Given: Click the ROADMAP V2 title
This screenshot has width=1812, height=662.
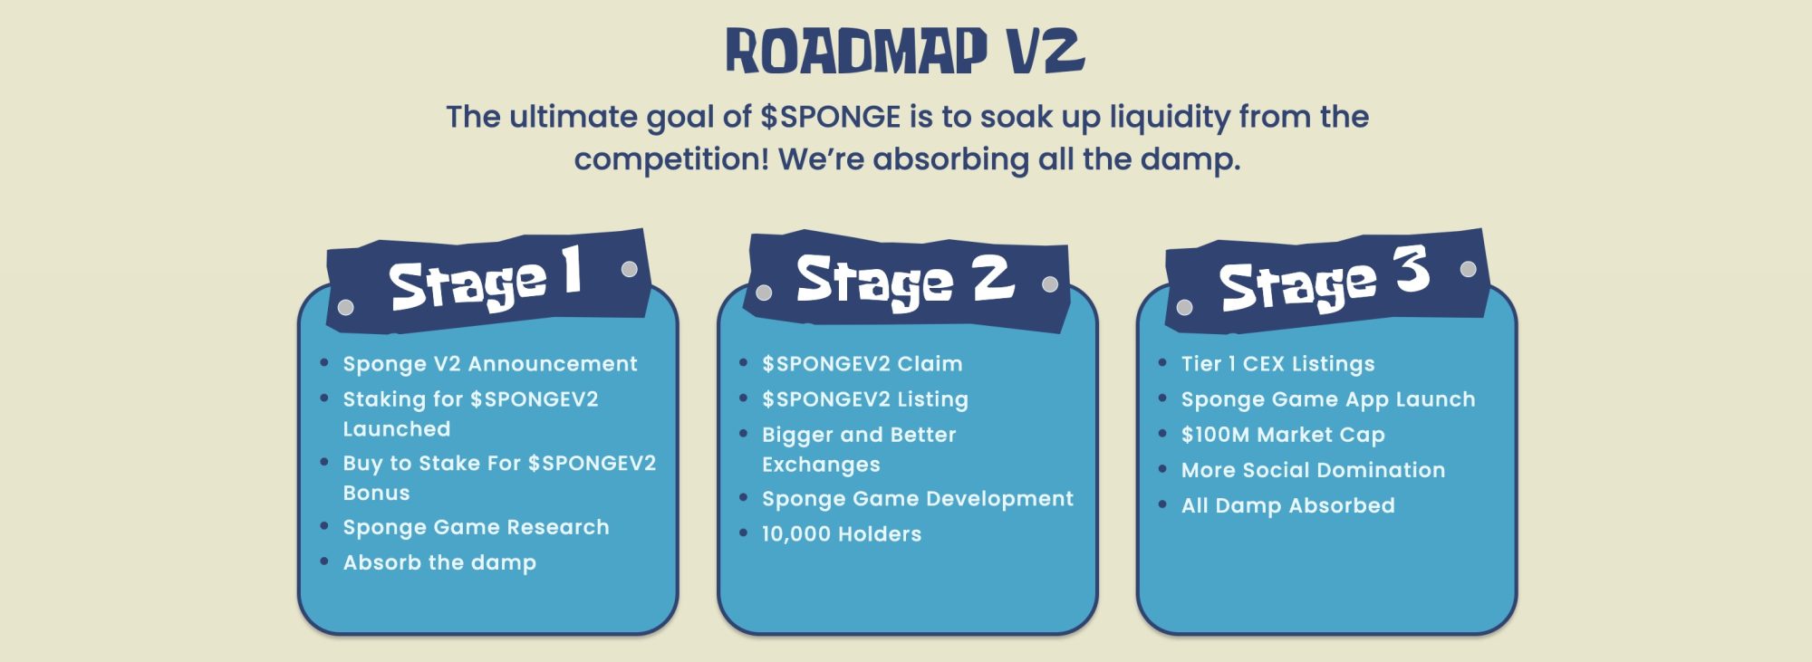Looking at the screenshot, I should pos(905,51).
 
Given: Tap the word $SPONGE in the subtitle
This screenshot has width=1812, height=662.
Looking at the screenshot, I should pos(830,117).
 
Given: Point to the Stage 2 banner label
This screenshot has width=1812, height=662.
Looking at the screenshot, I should pos(904,280).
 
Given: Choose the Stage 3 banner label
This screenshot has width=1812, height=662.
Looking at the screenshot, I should pos(1324,280).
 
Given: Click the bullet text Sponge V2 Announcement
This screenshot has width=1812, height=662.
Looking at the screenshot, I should pos(489,364).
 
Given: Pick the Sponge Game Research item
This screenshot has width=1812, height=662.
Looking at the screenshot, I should pos(476,527).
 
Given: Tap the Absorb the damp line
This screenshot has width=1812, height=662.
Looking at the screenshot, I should pos(439,562).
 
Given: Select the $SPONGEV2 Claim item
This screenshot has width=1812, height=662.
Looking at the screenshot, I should pos(862,364).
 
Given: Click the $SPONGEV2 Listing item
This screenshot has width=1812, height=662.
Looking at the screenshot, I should pos(864,399).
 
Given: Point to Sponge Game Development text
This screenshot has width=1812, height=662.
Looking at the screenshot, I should pos(917,499).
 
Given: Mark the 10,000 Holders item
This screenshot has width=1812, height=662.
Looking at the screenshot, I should pos(841,534).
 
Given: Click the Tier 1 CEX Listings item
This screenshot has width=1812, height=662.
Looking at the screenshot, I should pos(1277,364).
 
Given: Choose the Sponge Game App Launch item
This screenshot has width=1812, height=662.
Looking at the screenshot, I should pos(1327,399).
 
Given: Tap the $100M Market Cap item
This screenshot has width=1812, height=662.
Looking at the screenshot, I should pos(1282,435).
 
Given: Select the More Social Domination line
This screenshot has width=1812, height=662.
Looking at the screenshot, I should pos(1313,470).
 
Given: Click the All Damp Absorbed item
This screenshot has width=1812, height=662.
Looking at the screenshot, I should pos(1287,505).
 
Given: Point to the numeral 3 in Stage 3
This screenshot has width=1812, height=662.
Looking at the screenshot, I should pos(1412,269).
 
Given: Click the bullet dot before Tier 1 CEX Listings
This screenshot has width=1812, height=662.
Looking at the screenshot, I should pos(1162,363).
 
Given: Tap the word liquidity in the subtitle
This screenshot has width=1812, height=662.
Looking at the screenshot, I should pos(1170,117).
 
